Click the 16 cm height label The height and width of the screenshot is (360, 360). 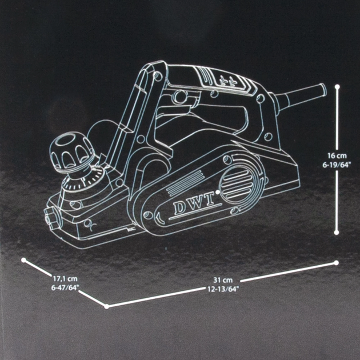click(x=337, y=156)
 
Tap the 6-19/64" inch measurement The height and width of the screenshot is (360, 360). click(x=337, y=165)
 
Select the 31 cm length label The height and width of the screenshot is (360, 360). click(x=223, y=280)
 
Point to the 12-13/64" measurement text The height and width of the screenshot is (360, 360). click(x=222, y=289)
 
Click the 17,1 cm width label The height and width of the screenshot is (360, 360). click(x=65, y=279)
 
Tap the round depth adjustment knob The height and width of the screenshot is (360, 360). click(x=71, y=151)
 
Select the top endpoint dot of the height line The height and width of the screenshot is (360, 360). click(x=337, y=87)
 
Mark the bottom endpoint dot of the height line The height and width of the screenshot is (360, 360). click(x=337, y=233)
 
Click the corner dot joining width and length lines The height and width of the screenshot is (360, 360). click(x=106, y=306)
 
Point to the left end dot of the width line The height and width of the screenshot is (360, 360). click(x=23, y=260)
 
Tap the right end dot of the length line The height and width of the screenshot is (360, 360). click(x=337, y=263)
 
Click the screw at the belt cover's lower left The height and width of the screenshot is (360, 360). click(x=147, y=215)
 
